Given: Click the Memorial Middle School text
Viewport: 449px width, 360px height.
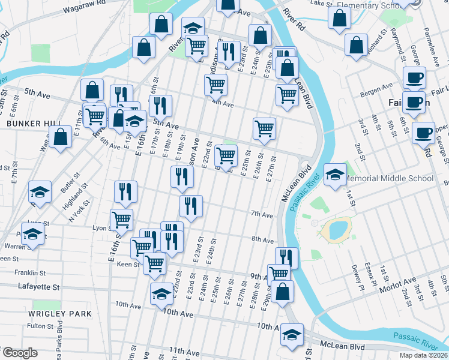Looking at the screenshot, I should pos(393,179).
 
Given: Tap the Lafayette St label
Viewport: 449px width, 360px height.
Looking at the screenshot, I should pos(39,288).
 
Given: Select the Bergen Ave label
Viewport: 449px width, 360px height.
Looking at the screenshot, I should pos(376,95).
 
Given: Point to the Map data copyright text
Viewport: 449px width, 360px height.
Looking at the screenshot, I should pos(423,355).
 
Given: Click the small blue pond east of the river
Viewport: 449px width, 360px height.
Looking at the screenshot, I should pos(335,230).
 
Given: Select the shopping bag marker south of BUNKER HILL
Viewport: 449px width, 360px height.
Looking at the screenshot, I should pos(60,137).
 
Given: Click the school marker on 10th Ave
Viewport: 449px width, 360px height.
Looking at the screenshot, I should pos(161,295).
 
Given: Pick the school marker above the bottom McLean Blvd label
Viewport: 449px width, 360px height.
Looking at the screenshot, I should pos(292,334).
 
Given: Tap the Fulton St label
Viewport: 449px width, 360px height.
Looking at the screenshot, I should pos(40,326).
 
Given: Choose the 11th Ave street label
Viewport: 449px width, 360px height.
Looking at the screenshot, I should pos(184,350).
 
